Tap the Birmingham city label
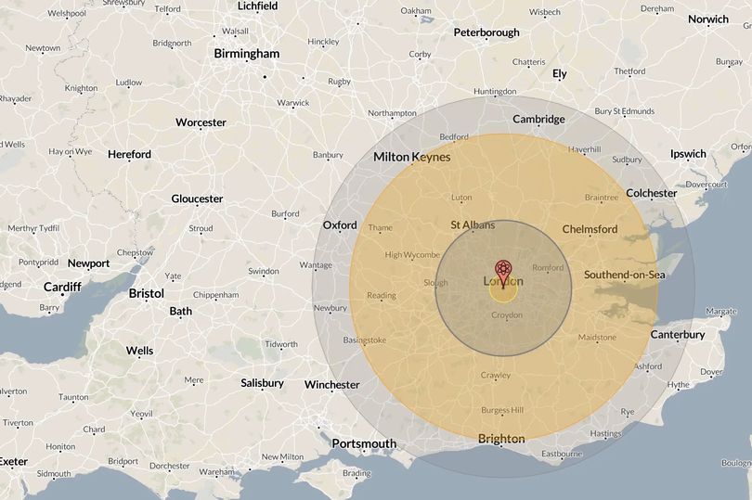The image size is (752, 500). click(246, 54)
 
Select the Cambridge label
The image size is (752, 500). click(538, 119)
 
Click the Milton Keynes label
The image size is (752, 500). click(411, 157)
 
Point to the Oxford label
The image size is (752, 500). click(340, 225)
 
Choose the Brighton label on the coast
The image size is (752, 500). click(501, 439)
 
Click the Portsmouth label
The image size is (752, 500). click(364, 443)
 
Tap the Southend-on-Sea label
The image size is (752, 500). click(625, 274)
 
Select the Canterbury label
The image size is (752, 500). click(677, 334)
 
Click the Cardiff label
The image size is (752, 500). click(62, 287)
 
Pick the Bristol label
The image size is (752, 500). click(146, 293)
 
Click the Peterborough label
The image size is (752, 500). click(486, 32)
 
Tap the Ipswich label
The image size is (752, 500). click(688, 154)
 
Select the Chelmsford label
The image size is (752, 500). click(590, 229)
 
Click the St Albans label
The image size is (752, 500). click(473, 224)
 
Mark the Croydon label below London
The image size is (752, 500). click(506, 315)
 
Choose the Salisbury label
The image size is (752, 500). click(262, 383)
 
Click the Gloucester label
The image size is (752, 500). click(197, 199)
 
